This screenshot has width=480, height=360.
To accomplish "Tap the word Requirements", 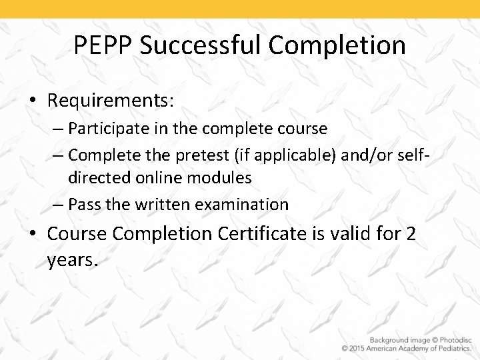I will click(x=111, y=101).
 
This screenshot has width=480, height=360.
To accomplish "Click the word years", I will click(x=73, y=259).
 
